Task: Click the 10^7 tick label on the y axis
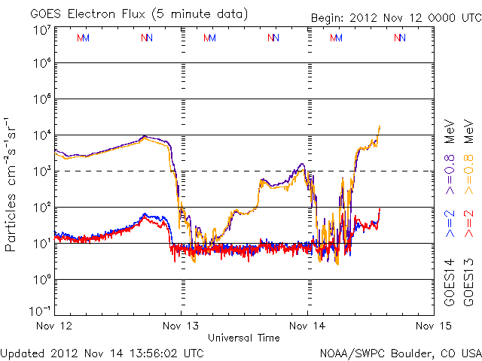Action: [41, 30]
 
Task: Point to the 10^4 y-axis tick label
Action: [41, 135]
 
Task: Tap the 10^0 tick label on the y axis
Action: [41, 280]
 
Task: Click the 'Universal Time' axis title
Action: [243, 338]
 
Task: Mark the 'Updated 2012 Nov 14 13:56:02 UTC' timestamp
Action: [102, 353]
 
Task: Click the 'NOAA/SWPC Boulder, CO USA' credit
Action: [400, 353]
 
